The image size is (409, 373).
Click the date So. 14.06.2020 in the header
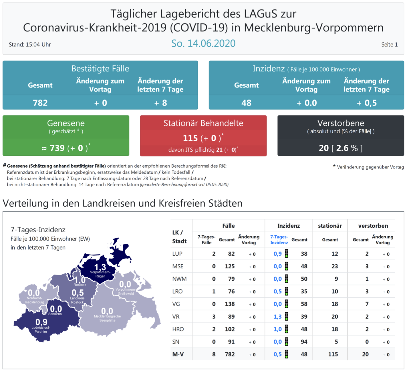pos(203,43)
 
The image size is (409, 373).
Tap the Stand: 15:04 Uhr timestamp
pos(30,45)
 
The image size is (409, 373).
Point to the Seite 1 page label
pos(389,45)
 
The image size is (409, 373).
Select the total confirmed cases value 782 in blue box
pos(40,103)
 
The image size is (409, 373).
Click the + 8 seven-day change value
pos(160,103)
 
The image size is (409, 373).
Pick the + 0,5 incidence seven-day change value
pos(366,103)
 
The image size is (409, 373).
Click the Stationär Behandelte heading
pos(203,123)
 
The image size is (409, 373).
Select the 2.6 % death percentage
pos(346,148)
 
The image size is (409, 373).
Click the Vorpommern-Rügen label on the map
pos(100,274)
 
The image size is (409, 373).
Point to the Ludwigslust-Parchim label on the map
pos(41,330)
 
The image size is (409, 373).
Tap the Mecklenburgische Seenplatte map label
pos(107,318)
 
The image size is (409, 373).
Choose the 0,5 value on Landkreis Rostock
pos(78,293)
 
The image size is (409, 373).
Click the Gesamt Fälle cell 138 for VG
pos(230,304)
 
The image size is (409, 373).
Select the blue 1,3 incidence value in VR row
pos(277,317)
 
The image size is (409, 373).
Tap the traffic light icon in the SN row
pos(286,342)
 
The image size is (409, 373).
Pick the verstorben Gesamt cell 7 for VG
pos(367,304)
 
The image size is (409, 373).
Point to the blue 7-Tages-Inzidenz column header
pos(279,240)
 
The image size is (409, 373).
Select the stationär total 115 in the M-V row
pos(333,354)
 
